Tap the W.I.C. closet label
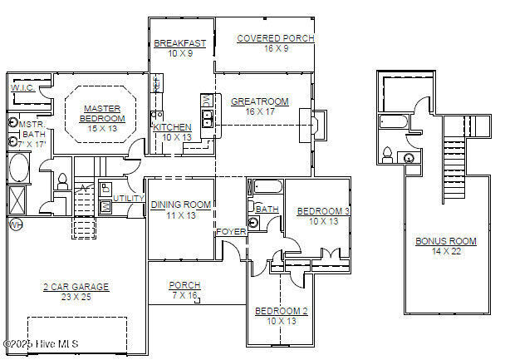[22, 87]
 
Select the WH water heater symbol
[14, 224]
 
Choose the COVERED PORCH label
[263, 38]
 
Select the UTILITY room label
[130, 199]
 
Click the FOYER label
[230, 232]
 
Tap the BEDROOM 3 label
[323, 211]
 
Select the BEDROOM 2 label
[281, 311]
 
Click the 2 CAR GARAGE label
[76, 287]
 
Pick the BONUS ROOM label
[446, 241]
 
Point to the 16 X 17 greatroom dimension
[259, 111]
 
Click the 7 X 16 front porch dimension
[184, 295]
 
